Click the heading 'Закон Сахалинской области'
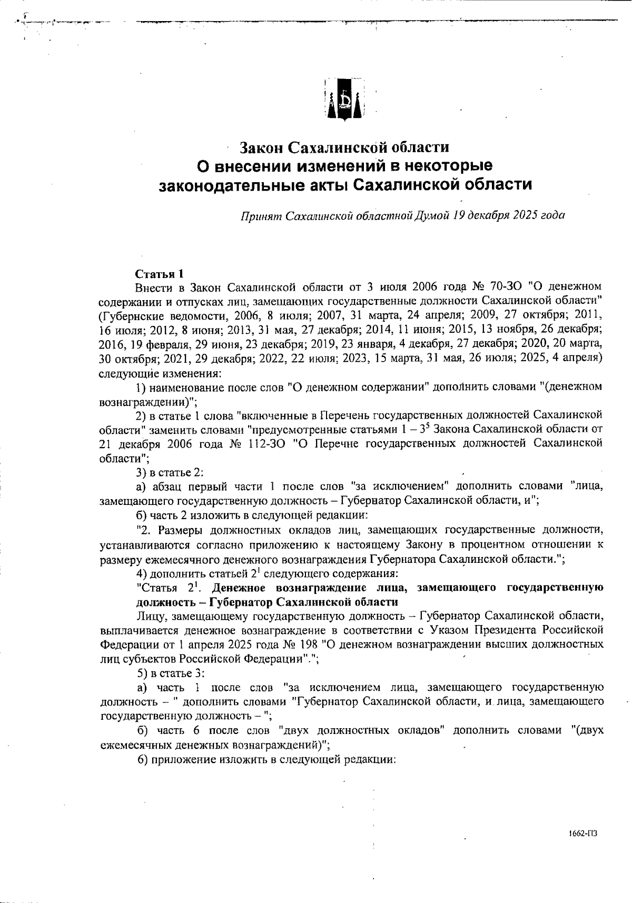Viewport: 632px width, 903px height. (344, 146)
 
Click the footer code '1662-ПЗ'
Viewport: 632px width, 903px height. (582, 834)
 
